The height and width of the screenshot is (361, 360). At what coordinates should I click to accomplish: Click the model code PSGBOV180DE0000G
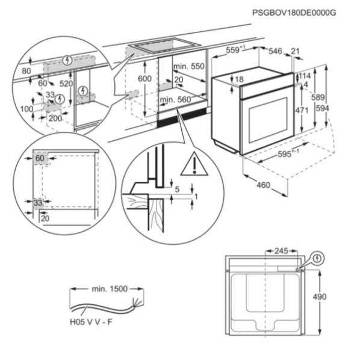coord(294,13)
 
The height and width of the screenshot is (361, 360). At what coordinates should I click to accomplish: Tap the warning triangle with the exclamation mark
coord(194,164)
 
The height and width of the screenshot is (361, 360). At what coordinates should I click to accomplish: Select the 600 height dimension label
coord(144,79)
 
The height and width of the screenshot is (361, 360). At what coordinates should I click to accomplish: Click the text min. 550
coord(189,67)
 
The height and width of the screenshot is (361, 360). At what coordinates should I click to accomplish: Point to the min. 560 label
coord(176,100)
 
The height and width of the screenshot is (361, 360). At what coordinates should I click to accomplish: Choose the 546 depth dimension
coord(276,51)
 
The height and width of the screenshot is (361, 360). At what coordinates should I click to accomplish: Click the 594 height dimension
coord(323,108)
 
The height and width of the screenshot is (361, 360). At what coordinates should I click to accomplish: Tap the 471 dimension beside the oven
coord(302,111)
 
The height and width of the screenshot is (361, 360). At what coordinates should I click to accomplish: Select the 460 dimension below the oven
coord(263,185)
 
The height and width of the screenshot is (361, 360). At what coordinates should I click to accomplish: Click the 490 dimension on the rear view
coord(320,297)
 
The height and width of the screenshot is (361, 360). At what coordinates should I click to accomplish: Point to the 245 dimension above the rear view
coord(281,251)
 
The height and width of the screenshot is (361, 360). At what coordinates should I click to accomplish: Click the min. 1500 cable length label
coord(110,289)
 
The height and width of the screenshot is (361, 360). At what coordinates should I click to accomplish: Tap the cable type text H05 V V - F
coord(91,322)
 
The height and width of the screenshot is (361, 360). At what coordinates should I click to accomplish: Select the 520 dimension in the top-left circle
coord(66,84)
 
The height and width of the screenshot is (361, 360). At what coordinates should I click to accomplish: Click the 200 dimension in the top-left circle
coord(55,119)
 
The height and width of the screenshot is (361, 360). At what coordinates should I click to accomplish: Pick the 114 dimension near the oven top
coord(305,76)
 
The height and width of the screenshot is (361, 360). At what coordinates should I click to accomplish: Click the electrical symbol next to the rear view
coord(318,258)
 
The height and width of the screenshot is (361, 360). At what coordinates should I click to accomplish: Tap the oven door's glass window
coord(268,120)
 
